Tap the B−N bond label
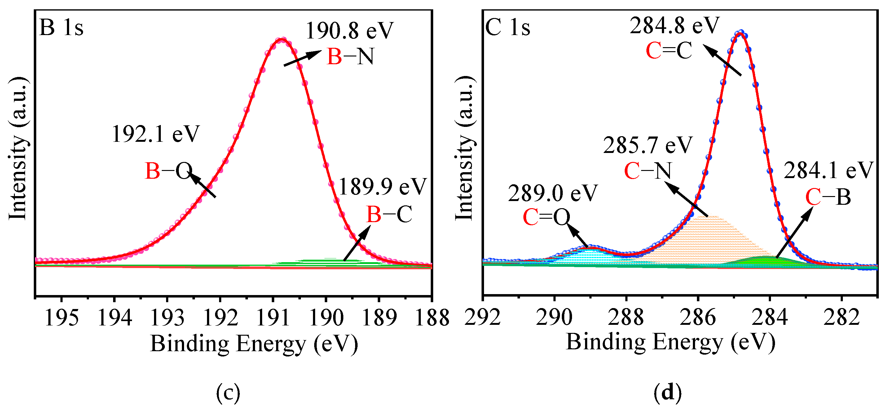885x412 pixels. click(x=350, y=57)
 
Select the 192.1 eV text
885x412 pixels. click(x=155, y=134)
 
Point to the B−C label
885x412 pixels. click(x=389, y=215)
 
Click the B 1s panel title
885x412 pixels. click(x=61, y=28)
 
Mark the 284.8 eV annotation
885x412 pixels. click(x=674, y=26)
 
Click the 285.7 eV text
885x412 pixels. click(x=648, y=146)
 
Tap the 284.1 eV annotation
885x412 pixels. click(x=828, y=171)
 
